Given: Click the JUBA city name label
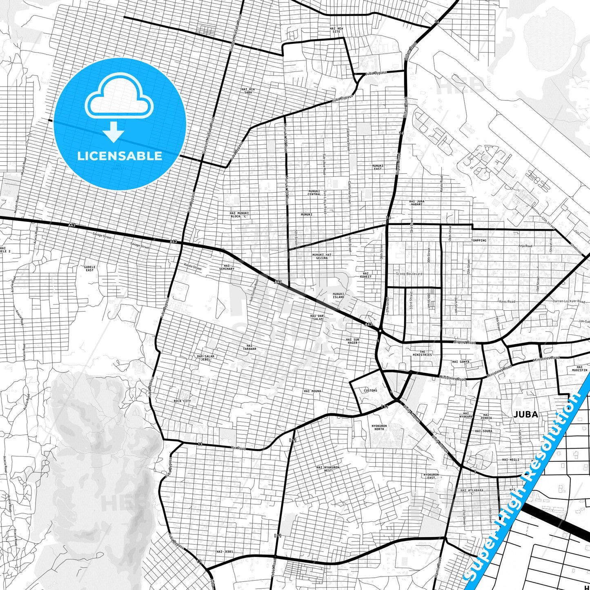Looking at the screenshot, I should click(525, 414).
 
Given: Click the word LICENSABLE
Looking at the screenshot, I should click(120, 156).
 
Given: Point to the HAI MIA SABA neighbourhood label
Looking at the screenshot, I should click(248, 91).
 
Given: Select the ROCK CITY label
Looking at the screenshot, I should click(182, 401).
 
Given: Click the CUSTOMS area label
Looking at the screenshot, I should click(370, 391).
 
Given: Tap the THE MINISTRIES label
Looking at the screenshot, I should click(422, 353).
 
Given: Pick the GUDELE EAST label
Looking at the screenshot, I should click(90, 268).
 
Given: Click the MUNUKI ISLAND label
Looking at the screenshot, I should click(338, 295).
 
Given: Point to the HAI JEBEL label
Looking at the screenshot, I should click(225, 552).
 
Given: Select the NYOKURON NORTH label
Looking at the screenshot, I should click(379, 427).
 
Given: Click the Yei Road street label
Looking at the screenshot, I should click(238, 448).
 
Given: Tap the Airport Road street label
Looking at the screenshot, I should click(465, 342).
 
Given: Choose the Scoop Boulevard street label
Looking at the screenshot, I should click(409, 274).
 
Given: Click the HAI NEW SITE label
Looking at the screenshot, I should click(336, 30).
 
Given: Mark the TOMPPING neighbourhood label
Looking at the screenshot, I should click(479, 240).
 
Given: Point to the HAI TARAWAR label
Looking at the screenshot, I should click(249, 347).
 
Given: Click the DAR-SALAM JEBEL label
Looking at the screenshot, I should click(205, 358).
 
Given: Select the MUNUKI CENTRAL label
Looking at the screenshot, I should click(314, 192).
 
